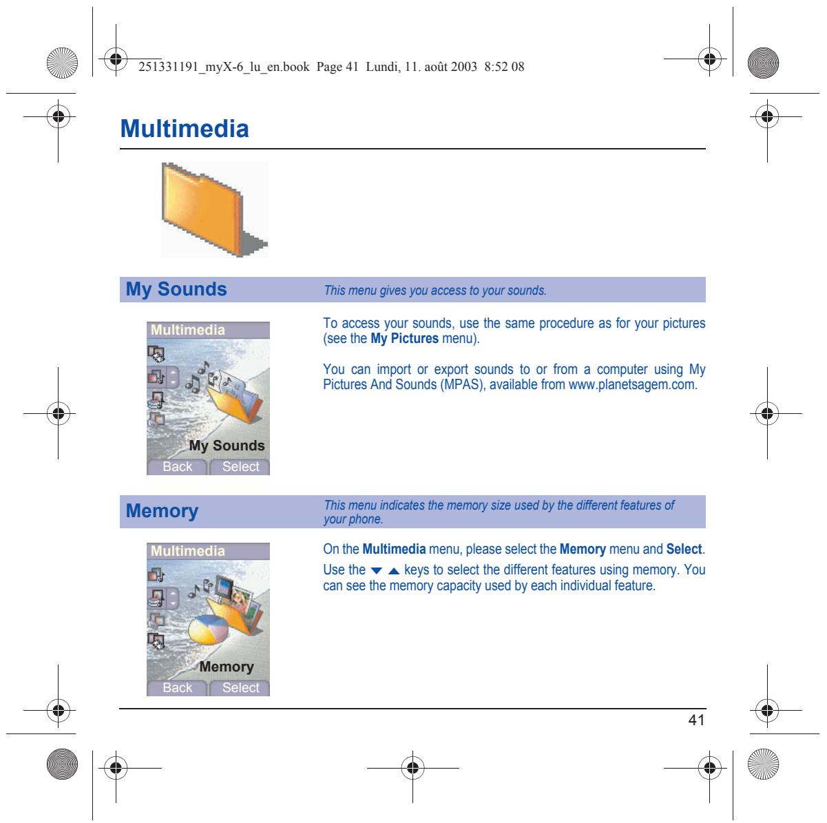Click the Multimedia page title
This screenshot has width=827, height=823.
coord(185,128)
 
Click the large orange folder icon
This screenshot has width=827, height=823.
coord(213,209)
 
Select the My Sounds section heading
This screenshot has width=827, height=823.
coord(176,289)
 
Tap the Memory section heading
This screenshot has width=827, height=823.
coord(162,511)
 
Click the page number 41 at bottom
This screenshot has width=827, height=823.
coord(696,720)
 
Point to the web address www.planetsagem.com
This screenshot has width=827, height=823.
coord(631,384)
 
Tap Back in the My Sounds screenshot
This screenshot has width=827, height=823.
coord(177,467)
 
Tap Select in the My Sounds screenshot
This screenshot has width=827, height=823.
coord(240,467)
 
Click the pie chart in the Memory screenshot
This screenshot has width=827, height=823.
coord(209,629)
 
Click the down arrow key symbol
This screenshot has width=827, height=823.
coord(376,570)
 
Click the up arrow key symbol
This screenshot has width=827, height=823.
coord(394,570)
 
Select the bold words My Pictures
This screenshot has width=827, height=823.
coord(405,338)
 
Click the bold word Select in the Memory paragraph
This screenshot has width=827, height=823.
coord(684,549)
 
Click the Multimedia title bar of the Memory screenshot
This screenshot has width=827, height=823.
coord(208,551)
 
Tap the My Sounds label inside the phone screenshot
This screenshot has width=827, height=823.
coord(227,446)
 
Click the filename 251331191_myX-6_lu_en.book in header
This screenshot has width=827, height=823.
coord(224,67)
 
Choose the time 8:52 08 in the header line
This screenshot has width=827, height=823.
coord(504,67)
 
